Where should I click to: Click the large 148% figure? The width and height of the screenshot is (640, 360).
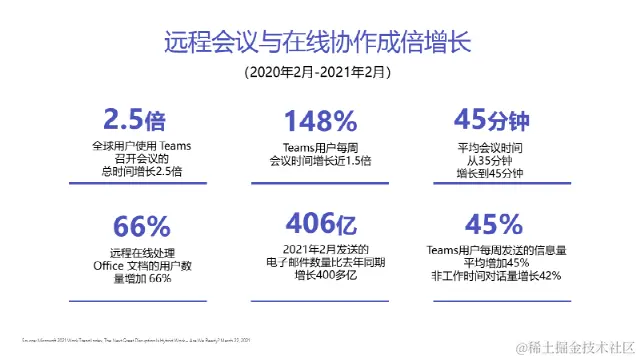click(320, 121)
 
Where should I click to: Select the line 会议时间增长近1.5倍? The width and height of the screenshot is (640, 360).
click(320, 160)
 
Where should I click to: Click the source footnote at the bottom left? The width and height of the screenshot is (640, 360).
click(136, 341)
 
